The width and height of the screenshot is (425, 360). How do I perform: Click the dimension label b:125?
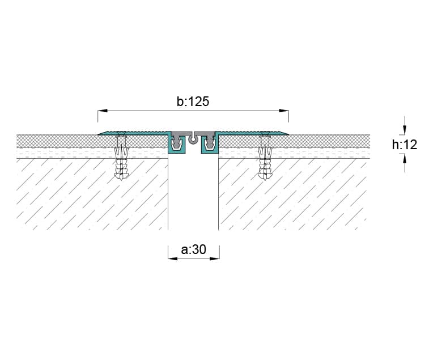(193, 101)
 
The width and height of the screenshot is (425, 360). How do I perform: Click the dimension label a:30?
(194, 249)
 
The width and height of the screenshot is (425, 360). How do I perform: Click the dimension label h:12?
(405, 145)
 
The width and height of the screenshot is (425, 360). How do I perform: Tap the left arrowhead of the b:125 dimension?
(103, 111)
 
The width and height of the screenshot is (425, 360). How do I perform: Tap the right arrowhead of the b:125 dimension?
(284, 111)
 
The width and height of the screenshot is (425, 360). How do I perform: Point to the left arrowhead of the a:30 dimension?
(173, 259)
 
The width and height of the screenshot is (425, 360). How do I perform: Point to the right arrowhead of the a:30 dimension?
(215, 259)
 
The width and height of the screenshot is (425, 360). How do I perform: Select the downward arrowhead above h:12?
(405, 130)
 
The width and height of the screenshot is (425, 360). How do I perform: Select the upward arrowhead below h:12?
(405, 159)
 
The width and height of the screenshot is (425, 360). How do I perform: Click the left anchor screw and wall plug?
(121, 157)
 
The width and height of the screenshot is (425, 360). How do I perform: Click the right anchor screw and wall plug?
(265, 157)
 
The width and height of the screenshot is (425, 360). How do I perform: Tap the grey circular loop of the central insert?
(193, 140)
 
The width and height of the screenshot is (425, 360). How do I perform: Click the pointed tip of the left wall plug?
(121, 180)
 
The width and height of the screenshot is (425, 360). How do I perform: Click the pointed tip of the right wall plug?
(265, 180)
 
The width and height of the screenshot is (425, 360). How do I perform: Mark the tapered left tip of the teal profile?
(99, 134)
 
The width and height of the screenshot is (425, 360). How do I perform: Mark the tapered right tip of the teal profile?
(288, 134)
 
